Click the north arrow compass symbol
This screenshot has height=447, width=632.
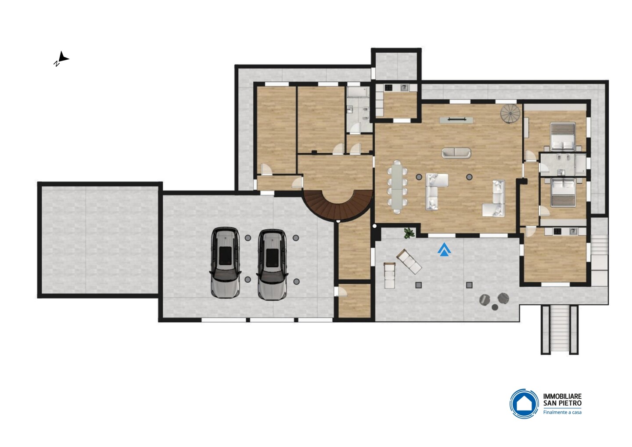(61, 59)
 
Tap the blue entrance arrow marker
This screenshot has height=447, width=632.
(444, 249)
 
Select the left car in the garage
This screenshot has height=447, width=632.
(225, 263)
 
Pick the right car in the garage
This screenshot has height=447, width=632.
(272, 264)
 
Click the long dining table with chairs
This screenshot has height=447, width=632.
(397, 187)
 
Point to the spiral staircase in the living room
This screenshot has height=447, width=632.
(510, 113)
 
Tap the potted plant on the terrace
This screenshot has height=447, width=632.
(409, 233)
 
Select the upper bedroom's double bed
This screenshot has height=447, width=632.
(563, 136)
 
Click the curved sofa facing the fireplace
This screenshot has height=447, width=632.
(456, 153)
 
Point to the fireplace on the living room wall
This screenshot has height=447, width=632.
(456, 120)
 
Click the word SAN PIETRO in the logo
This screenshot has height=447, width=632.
(562, 403)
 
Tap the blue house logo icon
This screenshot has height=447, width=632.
(524, 404)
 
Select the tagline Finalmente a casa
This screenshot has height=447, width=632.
(562, 412)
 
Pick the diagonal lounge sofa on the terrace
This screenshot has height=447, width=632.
(409, 261)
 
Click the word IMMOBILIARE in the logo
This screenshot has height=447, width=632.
(562, 396)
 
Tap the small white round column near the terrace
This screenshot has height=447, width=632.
(374, 226)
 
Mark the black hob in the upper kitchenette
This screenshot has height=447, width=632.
(388, 88)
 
